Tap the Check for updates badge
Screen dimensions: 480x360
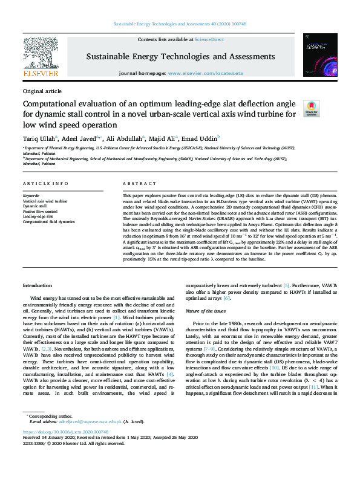click(x=327, y=108)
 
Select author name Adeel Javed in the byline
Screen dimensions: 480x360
click(x=78, y=137)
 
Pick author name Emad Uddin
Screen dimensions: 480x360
click(x=200, y=137)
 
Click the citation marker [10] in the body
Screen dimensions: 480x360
click(x=274, y=366)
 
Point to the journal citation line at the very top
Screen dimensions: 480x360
click(x=180, y=25)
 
